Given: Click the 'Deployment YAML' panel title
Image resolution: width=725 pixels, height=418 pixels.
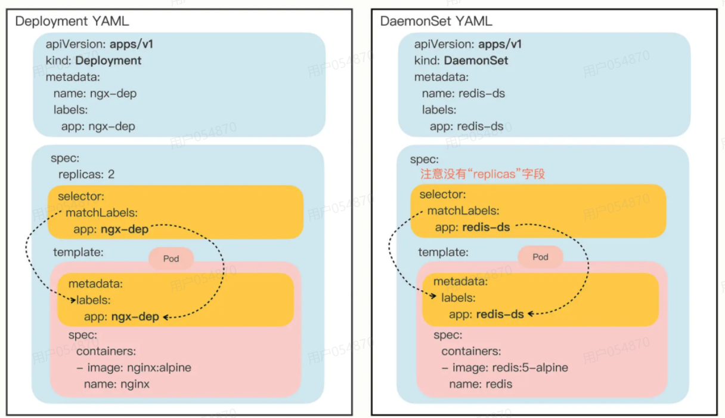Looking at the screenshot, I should [72, 21].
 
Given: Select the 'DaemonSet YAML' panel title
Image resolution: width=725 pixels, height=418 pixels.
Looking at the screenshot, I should [436, 21].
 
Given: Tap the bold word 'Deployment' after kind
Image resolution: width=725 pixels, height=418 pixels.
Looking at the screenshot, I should [109, 60].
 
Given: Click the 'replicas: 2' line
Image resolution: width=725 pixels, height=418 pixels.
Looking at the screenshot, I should [86, 174].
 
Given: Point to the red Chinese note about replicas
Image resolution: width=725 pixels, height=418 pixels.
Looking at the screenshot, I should [483, 174].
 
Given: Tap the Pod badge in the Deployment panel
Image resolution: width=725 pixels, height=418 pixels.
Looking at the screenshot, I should [171, 259].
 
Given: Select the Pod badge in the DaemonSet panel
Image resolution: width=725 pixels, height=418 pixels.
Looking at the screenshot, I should [540, 257].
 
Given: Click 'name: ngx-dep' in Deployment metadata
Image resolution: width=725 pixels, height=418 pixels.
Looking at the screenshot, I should [95, 93].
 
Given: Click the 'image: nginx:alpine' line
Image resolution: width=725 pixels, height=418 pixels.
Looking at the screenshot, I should [139, 367].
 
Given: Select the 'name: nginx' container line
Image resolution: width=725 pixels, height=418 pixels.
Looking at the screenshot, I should [117, 384].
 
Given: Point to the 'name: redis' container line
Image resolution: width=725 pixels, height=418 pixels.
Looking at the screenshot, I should [481, 384].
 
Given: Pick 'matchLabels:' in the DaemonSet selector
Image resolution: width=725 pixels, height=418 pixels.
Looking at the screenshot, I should [463, 211].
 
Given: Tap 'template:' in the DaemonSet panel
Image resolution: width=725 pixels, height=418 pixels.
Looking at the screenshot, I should [444, 252].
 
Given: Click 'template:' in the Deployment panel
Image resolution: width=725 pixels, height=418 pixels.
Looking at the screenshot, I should [78, 252].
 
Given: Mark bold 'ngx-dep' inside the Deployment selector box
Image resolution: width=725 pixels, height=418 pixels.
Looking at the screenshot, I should [125, 229].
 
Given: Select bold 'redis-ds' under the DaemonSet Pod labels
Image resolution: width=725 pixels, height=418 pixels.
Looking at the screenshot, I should [500, 314].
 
